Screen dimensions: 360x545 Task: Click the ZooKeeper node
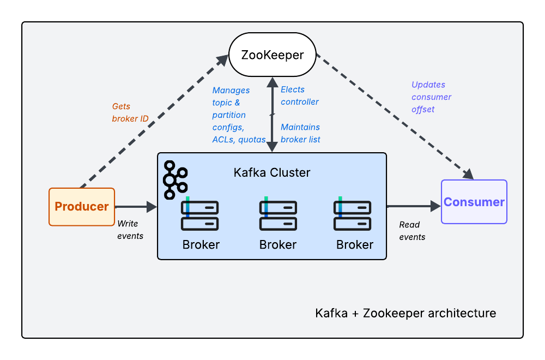pyautogui.click(x=272, y=55)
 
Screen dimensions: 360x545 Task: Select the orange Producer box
pyautogui.click(x=82, y=207)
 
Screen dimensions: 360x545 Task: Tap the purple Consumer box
pyautogui.click(x=474, y=202)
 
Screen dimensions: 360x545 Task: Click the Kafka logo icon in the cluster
pyautogui.click(x=175, y=179)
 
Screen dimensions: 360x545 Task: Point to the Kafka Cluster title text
pyautogui.click(x=272, y=173)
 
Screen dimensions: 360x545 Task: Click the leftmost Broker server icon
pyautogui.click(x=199, y=215)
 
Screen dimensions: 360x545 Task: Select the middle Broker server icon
pyautogui.click(x=278, y=215)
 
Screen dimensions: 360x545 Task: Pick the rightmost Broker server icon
pyautogui.click(x=353, y=215)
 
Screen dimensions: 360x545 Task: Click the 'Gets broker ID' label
pyautogui.click(x=130, y=112)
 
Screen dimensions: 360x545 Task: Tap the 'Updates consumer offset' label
pyautogui.click(x=431, y=97)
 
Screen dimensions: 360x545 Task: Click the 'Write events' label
pyautogui.click(x=130, y=230)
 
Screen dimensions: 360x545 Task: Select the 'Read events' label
pyautogui.click(x=412, y=231)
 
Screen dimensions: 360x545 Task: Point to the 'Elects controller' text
pyautogui.click(x=299, y=95)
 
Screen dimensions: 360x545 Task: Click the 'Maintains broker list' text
pyautogui.click(x=300, y=133)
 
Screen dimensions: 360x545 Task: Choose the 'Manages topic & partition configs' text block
pyautogui.click(x=238, y=115)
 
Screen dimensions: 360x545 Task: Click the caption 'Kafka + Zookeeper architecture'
pyautogui.click(x=405, y=313)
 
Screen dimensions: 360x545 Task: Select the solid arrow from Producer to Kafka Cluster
pyautogui.click(x=136, y=207)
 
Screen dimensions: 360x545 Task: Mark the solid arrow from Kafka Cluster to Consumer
pyautogui.click(x=413, y=206)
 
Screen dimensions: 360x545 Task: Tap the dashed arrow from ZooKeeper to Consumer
pyautogui.click(x=395, y=117)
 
